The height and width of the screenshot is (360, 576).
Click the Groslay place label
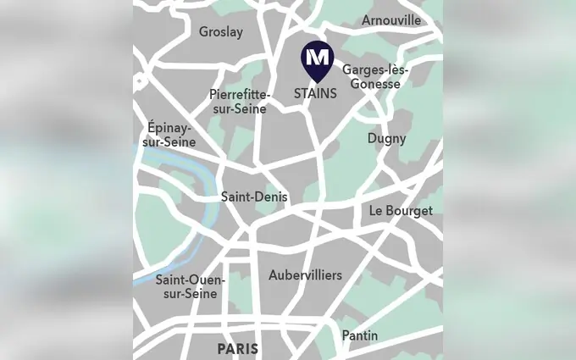[220, 32]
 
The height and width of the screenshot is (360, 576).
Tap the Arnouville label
[390, 19]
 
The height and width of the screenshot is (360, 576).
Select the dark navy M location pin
[316, 59]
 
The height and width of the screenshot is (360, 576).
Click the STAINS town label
[315, 93]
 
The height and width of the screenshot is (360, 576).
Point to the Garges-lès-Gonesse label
[374, 78]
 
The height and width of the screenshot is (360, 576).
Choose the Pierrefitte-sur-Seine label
[239, 102]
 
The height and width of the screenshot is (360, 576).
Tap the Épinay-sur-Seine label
[169, 134]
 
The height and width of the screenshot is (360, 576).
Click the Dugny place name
[386, 138]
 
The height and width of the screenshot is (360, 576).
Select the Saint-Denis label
[254, 197]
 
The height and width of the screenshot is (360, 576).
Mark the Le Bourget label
[401, 210]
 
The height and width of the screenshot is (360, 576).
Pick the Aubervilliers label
[305, 275]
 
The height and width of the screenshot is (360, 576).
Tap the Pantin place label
[360, 335]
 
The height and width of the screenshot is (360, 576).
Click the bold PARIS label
[237, 348]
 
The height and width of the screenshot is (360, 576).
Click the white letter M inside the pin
[316, 57]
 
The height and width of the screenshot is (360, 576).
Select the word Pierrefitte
[241, 94]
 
